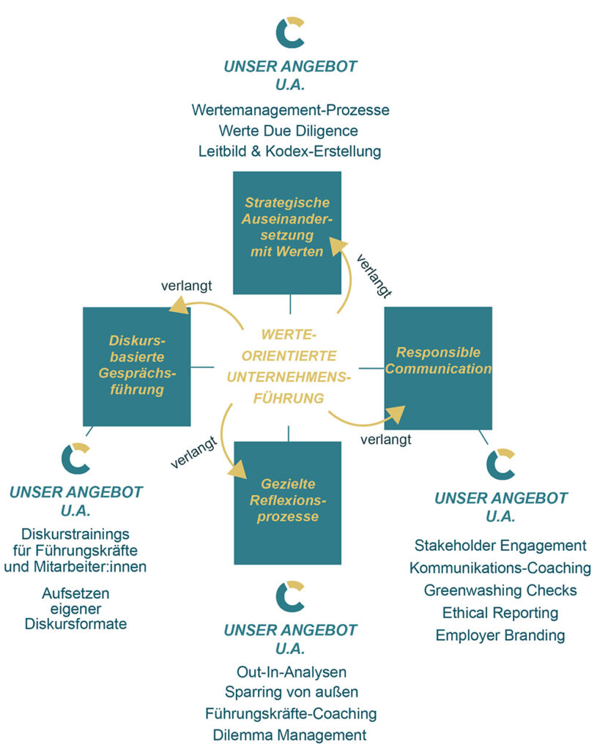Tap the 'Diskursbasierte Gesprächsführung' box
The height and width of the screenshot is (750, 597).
point(137,365)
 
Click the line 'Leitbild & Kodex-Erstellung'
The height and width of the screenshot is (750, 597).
point(289,152)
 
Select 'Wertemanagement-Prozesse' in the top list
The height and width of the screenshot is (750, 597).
point(290,111)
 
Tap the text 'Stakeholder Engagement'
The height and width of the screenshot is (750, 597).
point(500,546)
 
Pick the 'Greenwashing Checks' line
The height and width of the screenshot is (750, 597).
point(500,590)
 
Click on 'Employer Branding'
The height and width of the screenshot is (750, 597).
point(500,635)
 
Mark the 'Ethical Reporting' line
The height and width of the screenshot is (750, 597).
point(500,612)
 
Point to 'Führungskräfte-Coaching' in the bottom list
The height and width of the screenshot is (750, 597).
point(291,713)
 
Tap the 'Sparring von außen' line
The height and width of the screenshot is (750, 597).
point(291,692)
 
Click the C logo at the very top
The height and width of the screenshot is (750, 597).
point(290,31)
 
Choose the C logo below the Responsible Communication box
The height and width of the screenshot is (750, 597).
point(500,464)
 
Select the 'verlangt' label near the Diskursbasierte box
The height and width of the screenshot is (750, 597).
point(187,284)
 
